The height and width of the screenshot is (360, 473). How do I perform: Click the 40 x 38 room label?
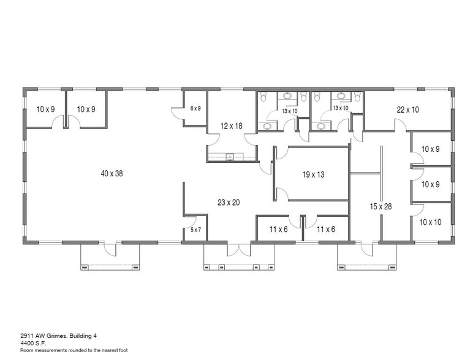point(112,174)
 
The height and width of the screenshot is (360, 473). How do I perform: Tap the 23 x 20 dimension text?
point(229,203)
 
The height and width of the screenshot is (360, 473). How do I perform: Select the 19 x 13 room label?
point(313,174)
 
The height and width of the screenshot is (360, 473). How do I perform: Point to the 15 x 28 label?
point(380,206)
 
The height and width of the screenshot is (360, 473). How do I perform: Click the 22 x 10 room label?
point(407,110)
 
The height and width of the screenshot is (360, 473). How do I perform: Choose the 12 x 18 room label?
point(232,126)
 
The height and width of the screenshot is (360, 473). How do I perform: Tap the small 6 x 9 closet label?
point(195,108)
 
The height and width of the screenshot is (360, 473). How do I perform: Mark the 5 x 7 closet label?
point(195,230)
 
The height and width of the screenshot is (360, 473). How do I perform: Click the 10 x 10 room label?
point(429,222)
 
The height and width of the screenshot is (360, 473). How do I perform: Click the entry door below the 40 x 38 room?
point(110,249)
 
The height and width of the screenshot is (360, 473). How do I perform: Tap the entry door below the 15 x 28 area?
point(366,249)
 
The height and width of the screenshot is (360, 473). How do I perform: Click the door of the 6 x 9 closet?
point(178,113)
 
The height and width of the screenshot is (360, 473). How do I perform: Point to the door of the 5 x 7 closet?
point(190,220)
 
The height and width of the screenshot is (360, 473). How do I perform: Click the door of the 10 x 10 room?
point(417,209)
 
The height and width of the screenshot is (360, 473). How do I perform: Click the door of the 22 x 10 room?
point(399,126)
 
